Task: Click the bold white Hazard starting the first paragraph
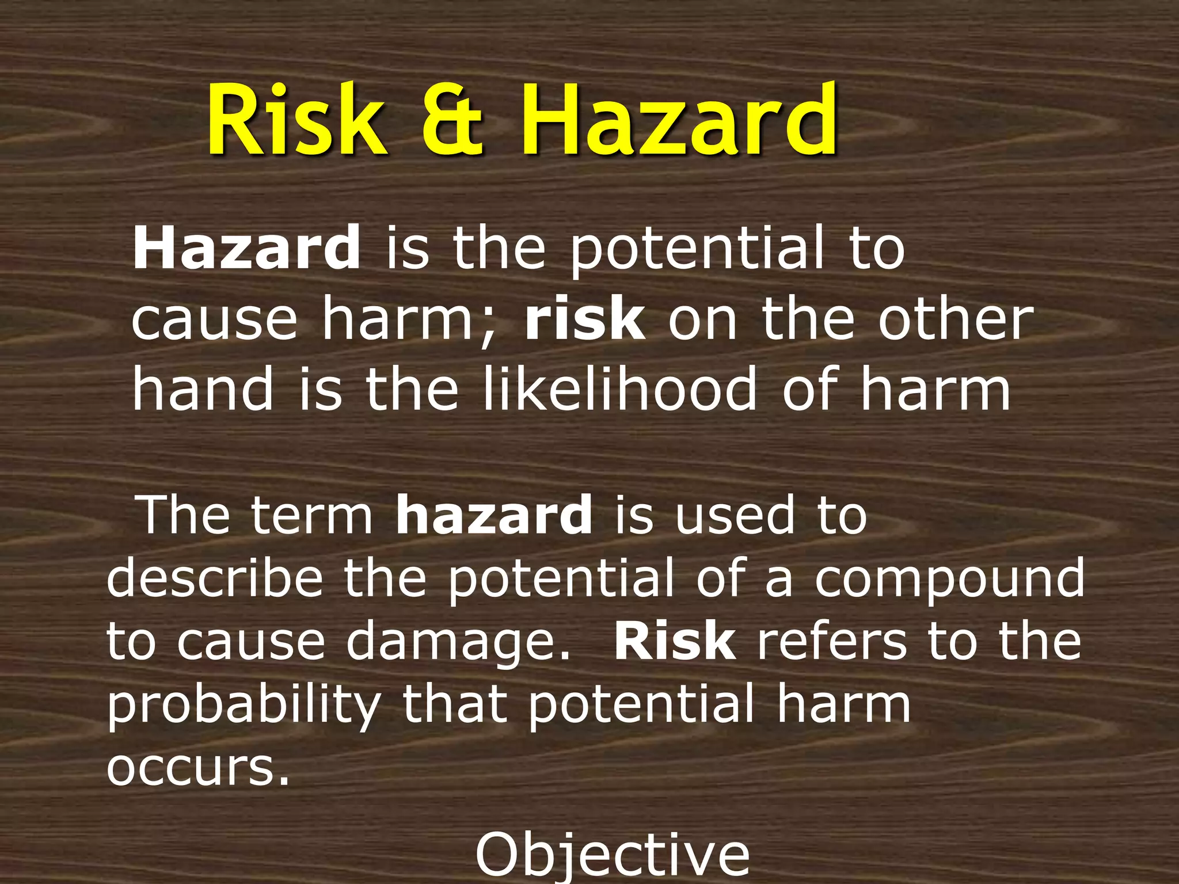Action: tap(246, 249)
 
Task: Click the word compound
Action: tap(949, 578)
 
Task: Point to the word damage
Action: tap(458, 643)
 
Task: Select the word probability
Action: tap(244, 707)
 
